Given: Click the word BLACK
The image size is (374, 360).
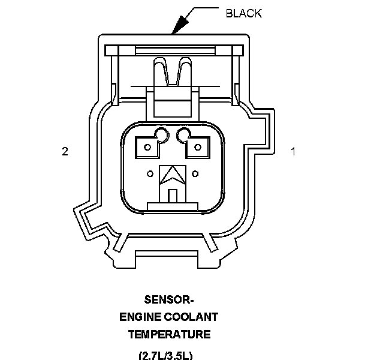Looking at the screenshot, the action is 243,13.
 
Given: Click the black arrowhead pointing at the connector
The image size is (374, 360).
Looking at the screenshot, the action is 180,25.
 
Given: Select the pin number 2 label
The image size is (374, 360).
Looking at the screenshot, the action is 65,152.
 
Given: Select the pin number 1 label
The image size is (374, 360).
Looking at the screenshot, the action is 293,152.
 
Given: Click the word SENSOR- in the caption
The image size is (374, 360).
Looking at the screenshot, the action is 168,300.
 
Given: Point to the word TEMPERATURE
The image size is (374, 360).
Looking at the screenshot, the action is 170,334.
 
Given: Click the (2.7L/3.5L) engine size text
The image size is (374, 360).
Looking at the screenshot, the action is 165,355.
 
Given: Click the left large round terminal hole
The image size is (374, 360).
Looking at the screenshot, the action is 162,134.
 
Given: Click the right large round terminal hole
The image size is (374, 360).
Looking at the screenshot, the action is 183,134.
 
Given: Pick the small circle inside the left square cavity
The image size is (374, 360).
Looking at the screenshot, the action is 147,147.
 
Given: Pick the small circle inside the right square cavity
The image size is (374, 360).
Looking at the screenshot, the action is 198,147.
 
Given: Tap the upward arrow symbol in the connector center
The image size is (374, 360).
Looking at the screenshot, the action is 173,175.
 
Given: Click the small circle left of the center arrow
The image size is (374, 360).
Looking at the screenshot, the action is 150,174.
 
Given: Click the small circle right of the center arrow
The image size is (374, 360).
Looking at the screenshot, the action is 195,174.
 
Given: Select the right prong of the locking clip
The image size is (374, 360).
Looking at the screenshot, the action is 184,71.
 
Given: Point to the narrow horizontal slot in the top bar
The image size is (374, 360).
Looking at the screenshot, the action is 175,50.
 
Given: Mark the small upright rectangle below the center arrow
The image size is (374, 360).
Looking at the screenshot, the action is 173,196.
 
